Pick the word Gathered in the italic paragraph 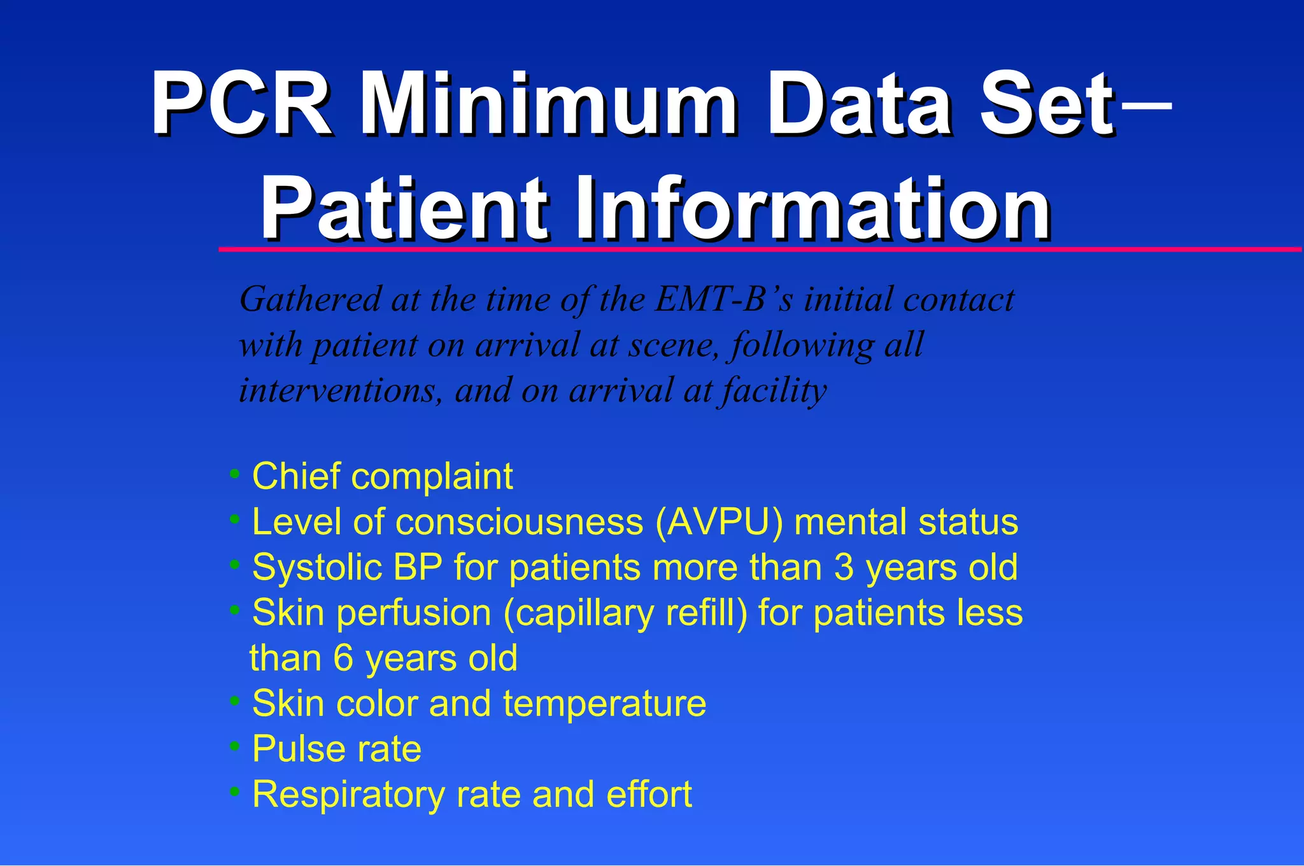[311, 299]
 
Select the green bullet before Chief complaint [235, 474]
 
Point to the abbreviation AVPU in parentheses [719, 522]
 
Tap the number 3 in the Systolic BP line [844, 567]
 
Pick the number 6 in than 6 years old [343, 658]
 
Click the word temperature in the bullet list [604, 704]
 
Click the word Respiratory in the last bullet [348, 795]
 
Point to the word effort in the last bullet [649, 794]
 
